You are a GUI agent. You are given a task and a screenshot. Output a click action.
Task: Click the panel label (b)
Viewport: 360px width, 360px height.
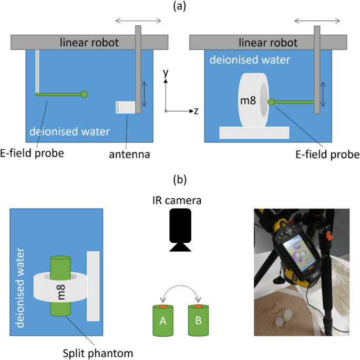[179, 180]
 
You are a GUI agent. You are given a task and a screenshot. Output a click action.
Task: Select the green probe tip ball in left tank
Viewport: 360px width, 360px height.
[84, 95]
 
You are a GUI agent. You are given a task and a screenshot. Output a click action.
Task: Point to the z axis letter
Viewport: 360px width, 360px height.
[195, 111]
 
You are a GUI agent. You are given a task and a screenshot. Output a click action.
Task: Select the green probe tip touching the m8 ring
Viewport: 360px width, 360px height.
[271, 102]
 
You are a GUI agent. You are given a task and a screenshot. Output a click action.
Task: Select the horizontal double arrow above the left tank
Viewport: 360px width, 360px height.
[138, 20]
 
